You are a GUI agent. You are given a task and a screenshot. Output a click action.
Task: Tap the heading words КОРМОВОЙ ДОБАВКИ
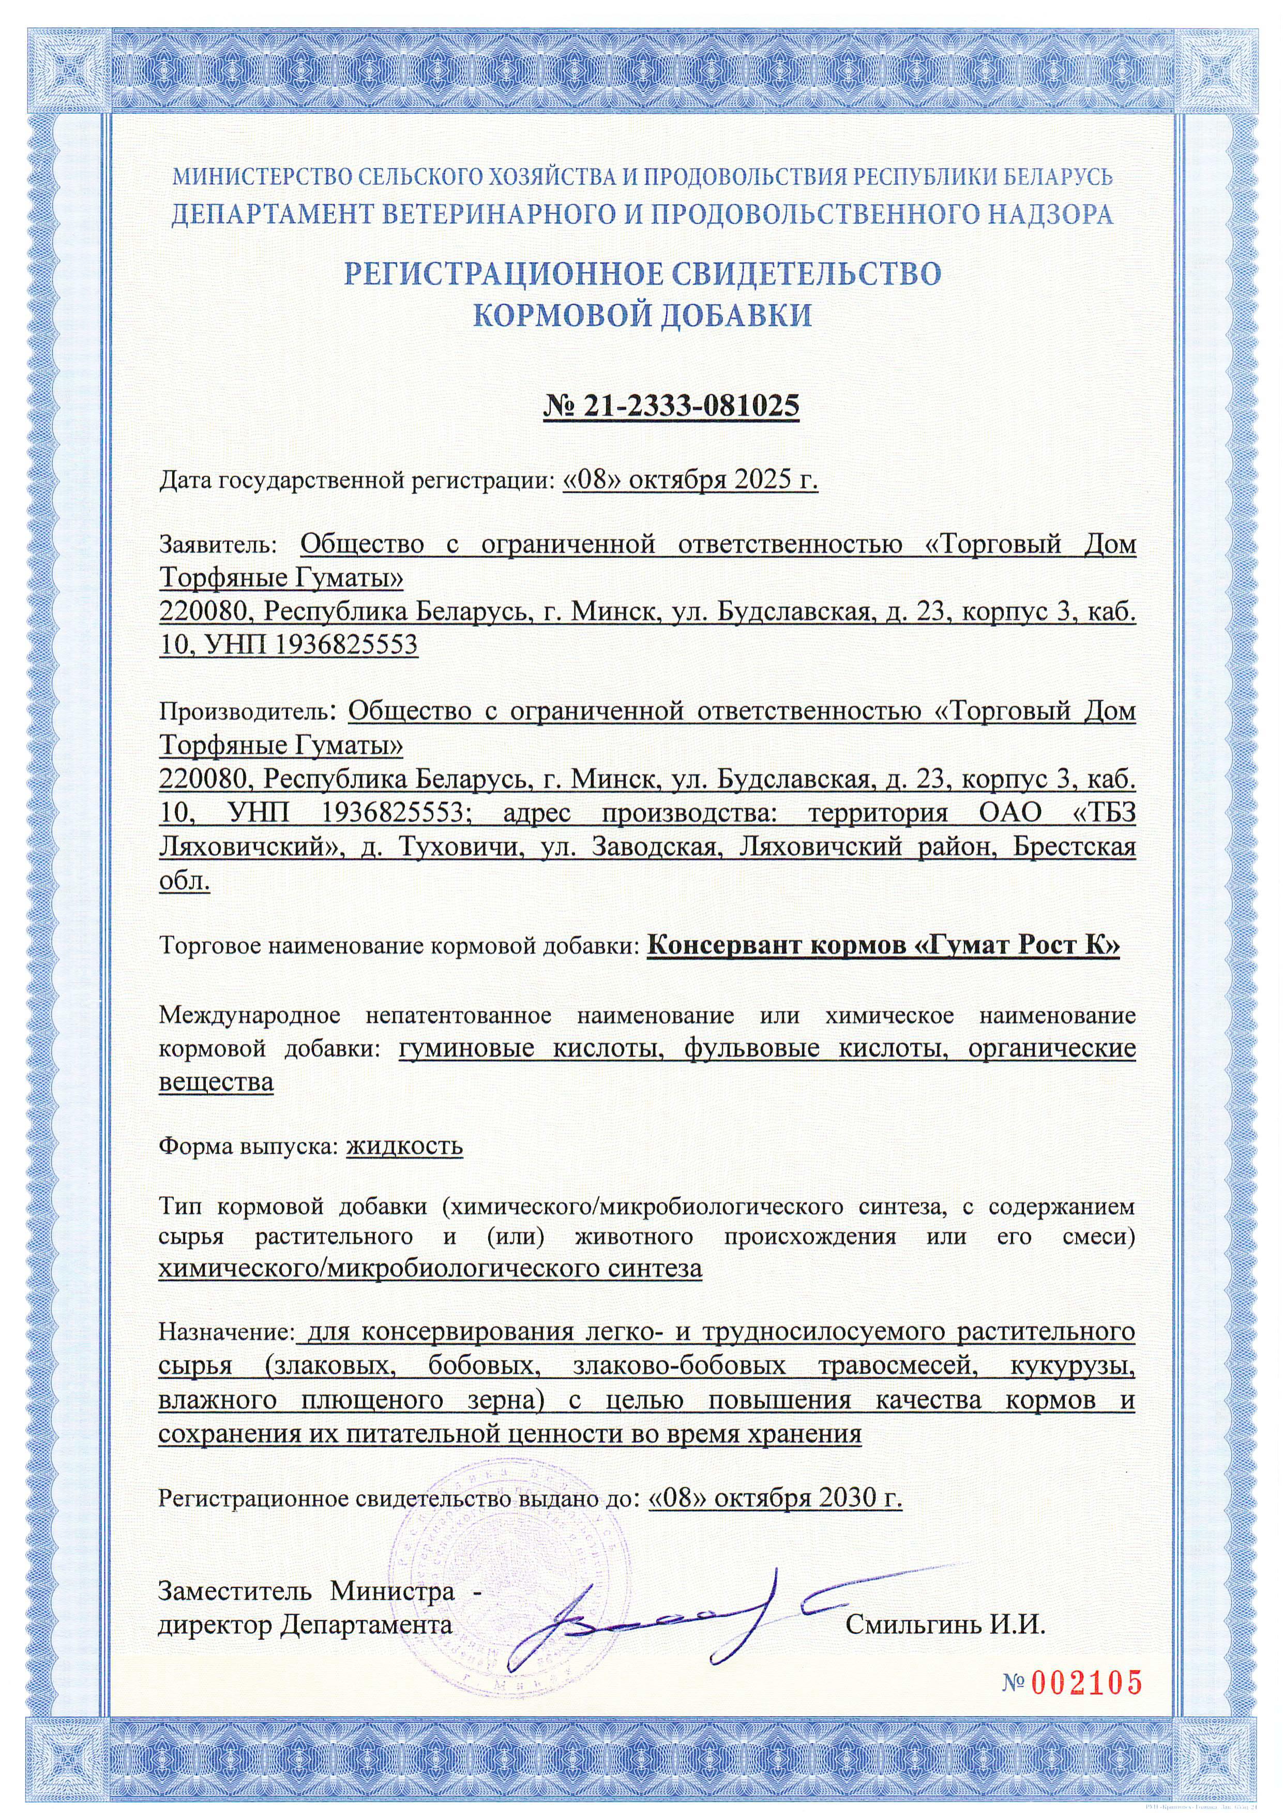click(641, 316)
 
